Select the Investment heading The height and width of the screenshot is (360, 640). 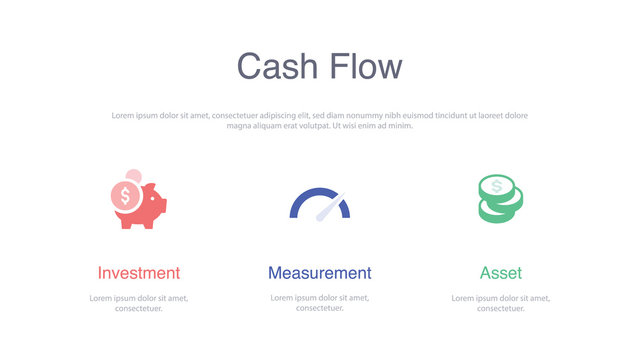[139, 273]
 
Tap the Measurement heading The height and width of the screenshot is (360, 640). [319, 273]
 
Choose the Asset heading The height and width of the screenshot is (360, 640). [501, 273]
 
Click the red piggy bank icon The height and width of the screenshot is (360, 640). [142, 205]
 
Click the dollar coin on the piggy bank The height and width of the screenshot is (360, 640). [126, 195]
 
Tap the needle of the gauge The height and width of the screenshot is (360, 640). [327, 207]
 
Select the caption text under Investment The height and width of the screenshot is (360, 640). [139, 303]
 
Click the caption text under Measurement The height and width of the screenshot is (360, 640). [319, 303]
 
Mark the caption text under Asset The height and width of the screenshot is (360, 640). [501, 303]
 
